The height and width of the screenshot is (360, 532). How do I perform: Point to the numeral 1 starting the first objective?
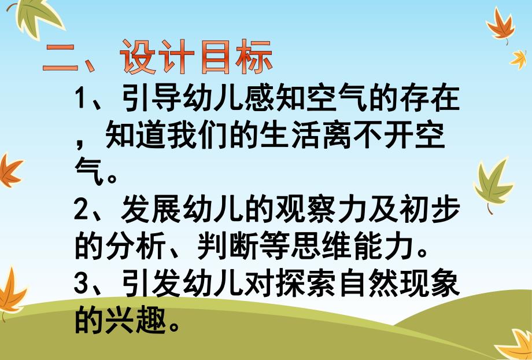click(x=81, y=100)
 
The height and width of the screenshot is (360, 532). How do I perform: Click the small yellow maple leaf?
click(x=518, y=58)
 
